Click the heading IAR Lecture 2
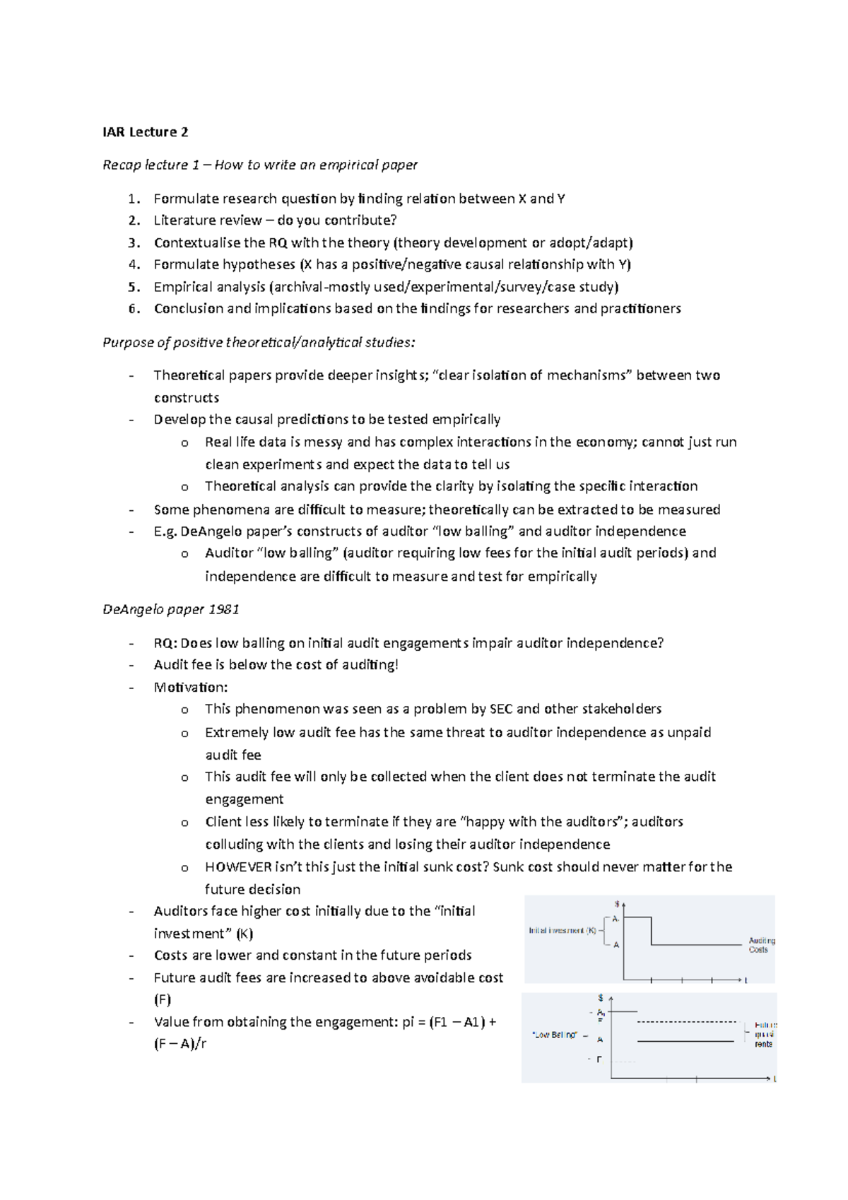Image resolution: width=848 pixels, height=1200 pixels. pos(146,132)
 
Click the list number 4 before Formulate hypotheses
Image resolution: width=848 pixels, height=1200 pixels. pos(134,265)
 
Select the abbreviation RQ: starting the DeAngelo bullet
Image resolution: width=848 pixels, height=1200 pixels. pos(166,643)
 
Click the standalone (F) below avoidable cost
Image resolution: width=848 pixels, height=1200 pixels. pos(163,1000)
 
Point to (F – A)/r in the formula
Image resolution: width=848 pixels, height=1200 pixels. pos(180,1044)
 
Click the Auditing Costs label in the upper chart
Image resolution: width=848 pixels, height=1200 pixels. pos(761,945)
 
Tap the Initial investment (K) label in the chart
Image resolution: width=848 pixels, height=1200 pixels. pos(563,931)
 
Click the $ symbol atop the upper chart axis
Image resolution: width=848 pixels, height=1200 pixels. pos(617,904)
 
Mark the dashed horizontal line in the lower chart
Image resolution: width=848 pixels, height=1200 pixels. pos(685,1022)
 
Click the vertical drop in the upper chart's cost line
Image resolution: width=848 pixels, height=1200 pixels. pos(651,931)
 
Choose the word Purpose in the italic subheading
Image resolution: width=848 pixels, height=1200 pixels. pos(126,343)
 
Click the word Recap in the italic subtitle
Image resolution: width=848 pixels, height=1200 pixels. pos(122,165)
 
